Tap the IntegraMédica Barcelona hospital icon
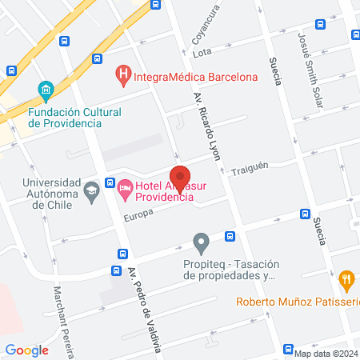tap(123, 77)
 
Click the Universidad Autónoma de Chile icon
tap(92, 190)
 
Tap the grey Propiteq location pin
tap(202, 241)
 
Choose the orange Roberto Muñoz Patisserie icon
tap(346, 280)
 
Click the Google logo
tap(27, 350)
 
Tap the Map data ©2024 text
tap(326, 353)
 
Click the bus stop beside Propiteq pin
tap(230, 236)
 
